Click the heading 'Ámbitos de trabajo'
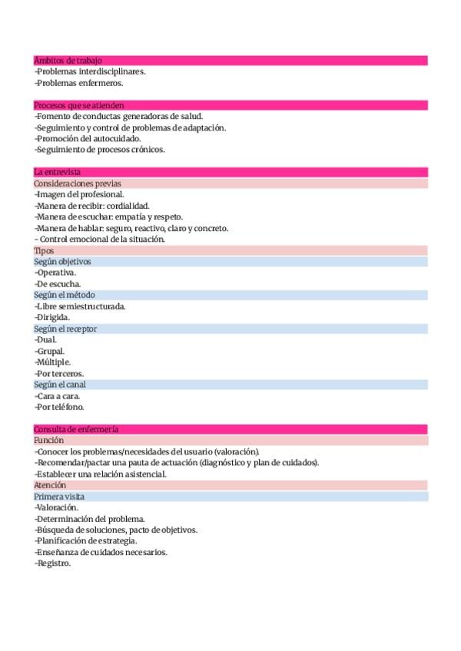[x=68, y=61]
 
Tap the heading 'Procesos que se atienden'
[x=79, y=105]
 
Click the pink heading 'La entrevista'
[x=57, y=172]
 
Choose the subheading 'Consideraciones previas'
[x=77, y=183]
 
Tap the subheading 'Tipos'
[x=44, y=250]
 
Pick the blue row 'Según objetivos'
[x=62, y=262]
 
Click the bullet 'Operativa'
[x=56, y=273]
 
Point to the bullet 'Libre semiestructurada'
[x=81, y=306]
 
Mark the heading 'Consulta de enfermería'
[x=75, y=429]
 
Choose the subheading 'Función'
[x=48, y=441]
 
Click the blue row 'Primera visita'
[x=59, y=497]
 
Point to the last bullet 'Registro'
[x=53, y=563]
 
